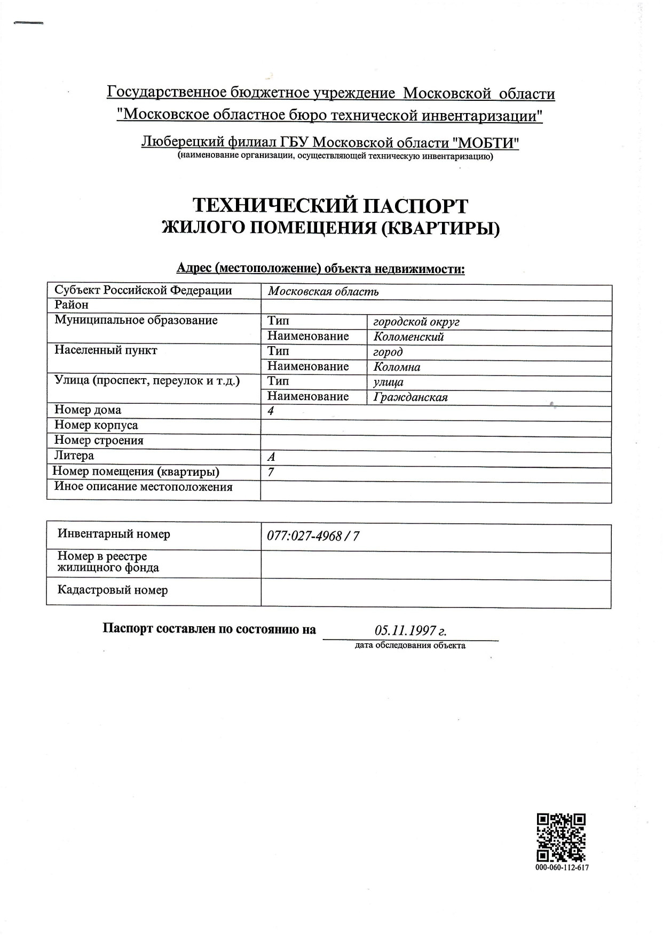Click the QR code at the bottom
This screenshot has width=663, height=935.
[561, 838]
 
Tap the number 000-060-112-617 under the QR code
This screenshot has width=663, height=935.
[562, 868]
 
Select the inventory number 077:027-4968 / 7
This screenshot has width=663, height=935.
[313, 536]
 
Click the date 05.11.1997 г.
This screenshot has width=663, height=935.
[411, 631]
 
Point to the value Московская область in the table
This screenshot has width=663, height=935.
[323, 292]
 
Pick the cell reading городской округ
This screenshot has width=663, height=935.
[416, 322]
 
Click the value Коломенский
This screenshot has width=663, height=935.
[408, 337]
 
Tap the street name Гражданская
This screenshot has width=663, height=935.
[411, 397]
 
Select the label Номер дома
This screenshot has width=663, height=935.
[88, 410]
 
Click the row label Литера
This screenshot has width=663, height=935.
[74, 455]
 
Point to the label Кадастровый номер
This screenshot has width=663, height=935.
[113, 590]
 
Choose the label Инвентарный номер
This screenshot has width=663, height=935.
[114, 534]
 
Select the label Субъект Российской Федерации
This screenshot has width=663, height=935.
[143, 291]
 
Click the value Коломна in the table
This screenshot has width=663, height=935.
[397, 367]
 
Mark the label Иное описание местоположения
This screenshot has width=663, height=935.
[143, 486]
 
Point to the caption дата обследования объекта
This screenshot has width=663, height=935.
[409, 645]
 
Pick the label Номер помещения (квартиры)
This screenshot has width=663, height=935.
[136, 472]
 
